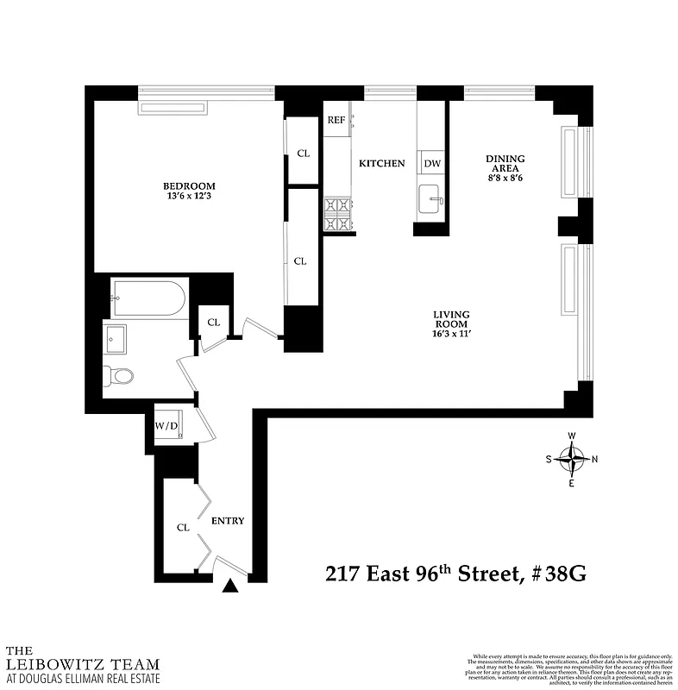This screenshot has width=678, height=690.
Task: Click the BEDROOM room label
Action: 189,185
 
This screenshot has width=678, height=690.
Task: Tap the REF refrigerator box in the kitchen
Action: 336,120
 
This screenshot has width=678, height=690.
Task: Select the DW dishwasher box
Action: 432,163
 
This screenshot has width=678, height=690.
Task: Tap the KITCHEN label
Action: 381,163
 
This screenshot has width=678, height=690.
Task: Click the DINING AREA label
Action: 505,163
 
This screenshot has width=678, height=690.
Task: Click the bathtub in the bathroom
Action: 148,298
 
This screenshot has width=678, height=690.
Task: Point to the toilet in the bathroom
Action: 118,376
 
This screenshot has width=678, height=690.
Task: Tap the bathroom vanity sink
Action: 115,338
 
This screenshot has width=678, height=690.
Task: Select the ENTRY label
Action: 228,521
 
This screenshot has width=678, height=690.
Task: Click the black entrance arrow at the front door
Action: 229,586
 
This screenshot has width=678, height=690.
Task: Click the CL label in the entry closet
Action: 183,527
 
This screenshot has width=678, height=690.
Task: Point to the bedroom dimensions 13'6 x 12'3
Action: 189,197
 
